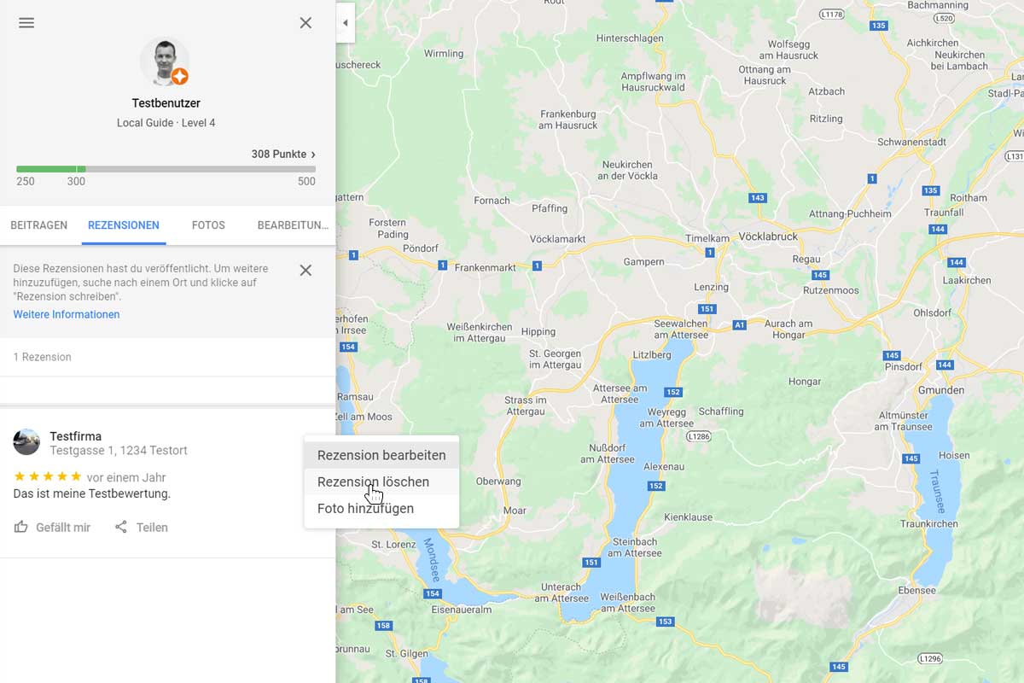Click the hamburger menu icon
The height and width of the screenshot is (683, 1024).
pyautogui.click(x=26, y=23)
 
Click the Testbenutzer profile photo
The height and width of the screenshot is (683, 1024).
pyautogui.click(x=164, y=61)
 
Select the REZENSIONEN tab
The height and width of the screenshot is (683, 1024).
pyautogui.click(x=124, y=225)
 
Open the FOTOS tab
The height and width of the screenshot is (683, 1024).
pyautogui.click(x=208, y=225)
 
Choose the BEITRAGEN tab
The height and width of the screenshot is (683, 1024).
pyautogui.click(x=38, y=225)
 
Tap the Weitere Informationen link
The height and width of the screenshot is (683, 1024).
pyautogui.click(x=67, y=314)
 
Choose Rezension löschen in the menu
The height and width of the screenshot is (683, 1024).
pyautogui.click(x=373, y=482)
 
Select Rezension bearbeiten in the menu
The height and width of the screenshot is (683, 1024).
pyautogui.click(x=381, y=455)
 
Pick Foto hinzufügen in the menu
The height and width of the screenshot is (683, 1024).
pyautogui.click(x=365, y=508)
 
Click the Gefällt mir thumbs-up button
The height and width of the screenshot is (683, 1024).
pyautogui.click(x=52, y=528)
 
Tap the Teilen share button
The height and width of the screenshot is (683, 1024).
pyautogui.click(x=142, y=528)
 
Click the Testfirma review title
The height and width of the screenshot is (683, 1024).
pyautogui.click(x=75, y=436)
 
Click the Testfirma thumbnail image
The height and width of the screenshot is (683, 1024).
pyautogui.click(x=26, y=442)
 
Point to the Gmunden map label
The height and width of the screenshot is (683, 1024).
pyautogui.click(x=941, y=390)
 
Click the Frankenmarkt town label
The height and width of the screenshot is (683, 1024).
pyautogui.click(x=485, y=267)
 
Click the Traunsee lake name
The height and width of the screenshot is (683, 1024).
pyautogui.click(x=936, y=490)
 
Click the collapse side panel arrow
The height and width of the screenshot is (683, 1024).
pyautogui.click(x=345, y=23)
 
